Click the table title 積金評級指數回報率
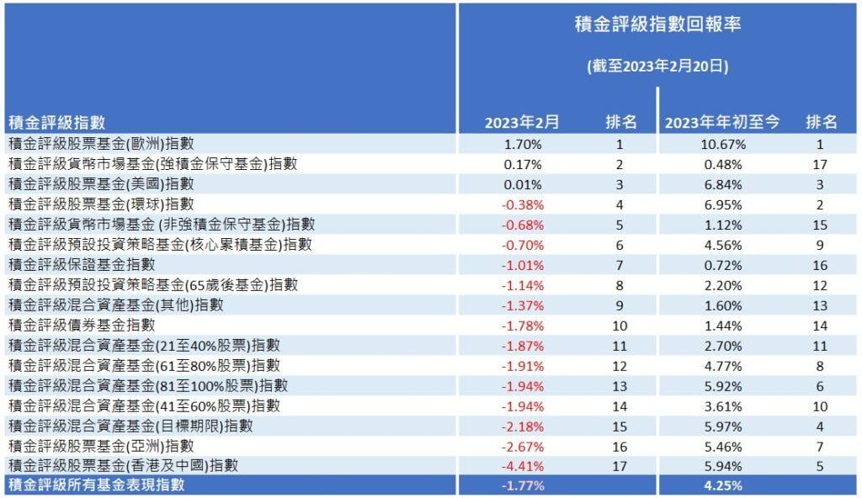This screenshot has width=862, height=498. (x=657, y=24)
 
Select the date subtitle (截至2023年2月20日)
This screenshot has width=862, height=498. (x=657, y=66)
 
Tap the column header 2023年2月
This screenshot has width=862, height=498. (x=522, y=122)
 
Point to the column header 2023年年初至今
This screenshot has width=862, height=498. (x=722, y=122)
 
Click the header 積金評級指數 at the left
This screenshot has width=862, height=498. (x=56, y=122)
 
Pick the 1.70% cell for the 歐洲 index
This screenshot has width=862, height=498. (x=523, y=145)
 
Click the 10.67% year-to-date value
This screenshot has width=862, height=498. (x=723, y=145)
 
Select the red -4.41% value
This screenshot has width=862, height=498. (x=523, y=467)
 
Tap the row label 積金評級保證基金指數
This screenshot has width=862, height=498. (x=82, y=265)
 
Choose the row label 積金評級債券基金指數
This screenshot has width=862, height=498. (x=82, y=326)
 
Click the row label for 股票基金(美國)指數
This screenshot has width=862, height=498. (x=101, y=184)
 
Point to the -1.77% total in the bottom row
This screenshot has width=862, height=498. (x=523, y=486)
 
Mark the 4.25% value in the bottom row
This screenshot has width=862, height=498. (x=723, y=486)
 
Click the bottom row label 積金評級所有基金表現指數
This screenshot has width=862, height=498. (x=97, y=485)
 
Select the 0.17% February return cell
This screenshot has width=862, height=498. (x=523, y=164)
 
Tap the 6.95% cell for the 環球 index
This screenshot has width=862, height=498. (x=723, y=205)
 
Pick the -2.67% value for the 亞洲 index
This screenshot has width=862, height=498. (x=523, y=447)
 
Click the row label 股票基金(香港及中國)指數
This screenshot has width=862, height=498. (x=123, y=466)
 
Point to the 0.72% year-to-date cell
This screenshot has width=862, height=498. (x=723, y=266)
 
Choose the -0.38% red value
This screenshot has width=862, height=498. (x=523, y=205)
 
